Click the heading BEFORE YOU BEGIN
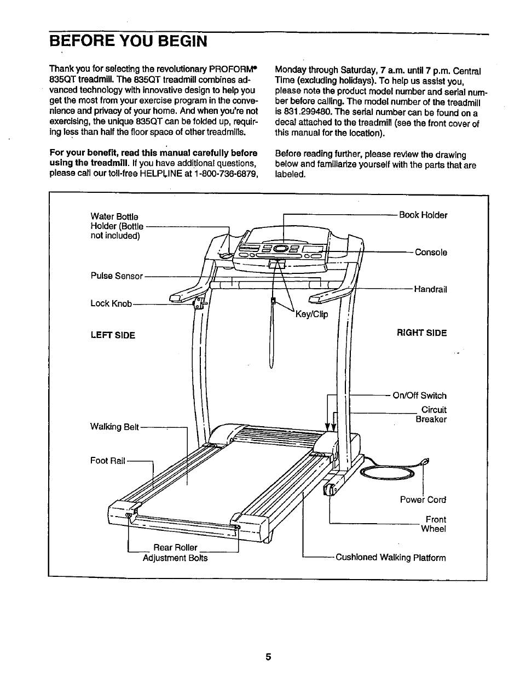[x=128, y=42]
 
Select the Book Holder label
[x=423, y=215]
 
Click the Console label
[x=431, y=253]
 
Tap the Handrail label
[x=430, y=289]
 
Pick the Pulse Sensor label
[x=117, y=276]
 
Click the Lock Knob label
[x=111, y=303]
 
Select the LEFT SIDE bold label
[x=113, y=335]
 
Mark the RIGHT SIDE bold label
[x=421, y=333]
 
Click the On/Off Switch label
[x=419, y=396]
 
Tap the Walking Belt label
[x=115, y=427]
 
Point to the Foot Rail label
[x=108, y=461]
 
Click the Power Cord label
[x=423, y=500]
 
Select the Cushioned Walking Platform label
[x=390, y=558]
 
